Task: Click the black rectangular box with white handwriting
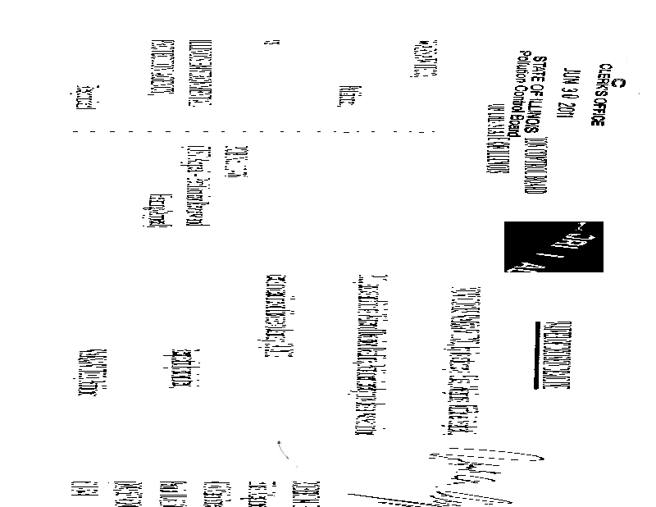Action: (553, 246)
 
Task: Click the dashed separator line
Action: (254, 130)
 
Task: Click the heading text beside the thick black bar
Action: (552, 361)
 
